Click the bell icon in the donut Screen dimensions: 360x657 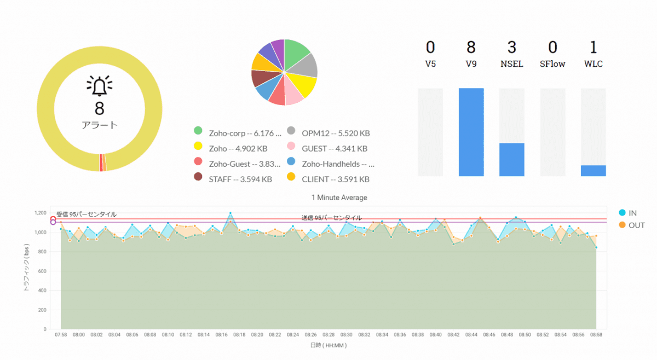(x=99, y=85)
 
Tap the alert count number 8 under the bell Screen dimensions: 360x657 (x=99, y=108)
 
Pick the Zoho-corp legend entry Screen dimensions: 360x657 (x=238, y=132)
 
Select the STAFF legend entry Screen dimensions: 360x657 (x=233, y=179)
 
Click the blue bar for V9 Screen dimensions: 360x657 (x=471, y=132)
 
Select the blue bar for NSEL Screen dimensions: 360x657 (x=512, y=159)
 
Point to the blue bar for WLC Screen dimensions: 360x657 (x=593, y=171)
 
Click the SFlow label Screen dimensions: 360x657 (x=552, y=64)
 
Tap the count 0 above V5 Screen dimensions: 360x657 (x=430, y=48)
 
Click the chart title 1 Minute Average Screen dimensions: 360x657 (x=339, y=198)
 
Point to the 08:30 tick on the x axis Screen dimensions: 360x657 (x=346, y=334)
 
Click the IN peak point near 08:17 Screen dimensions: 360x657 (x=230, y=213)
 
